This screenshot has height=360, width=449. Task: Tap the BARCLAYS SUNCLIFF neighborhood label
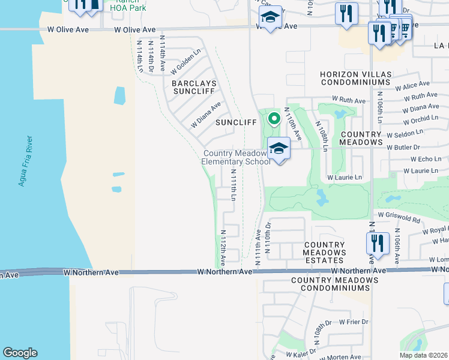click(x=193, y=87)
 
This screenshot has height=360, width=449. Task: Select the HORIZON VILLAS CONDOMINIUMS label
click(x=355, y=78)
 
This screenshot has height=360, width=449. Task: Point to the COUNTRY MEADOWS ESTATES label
click(x=324, y=248)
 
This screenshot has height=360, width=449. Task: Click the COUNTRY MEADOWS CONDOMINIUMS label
click(x=330, y=284)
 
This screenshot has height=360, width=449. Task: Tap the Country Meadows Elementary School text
click(x=235, y=158)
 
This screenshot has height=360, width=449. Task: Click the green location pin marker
click(x=274, y=119)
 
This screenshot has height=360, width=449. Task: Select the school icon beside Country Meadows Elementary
click(x=279, y=148)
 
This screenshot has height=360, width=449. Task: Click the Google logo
click(x=20, y=353)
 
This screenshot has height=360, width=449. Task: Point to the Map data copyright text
click(x=423, y=355)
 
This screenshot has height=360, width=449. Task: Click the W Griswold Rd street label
click(x=399, y=215)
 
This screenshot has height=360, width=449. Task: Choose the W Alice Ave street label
click(x=412, y=85)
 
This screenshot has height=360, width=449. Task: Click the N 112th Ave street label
click(x=222, y=248)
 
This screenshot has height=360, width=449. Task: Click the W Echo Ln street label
click(x=426, y=159)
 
